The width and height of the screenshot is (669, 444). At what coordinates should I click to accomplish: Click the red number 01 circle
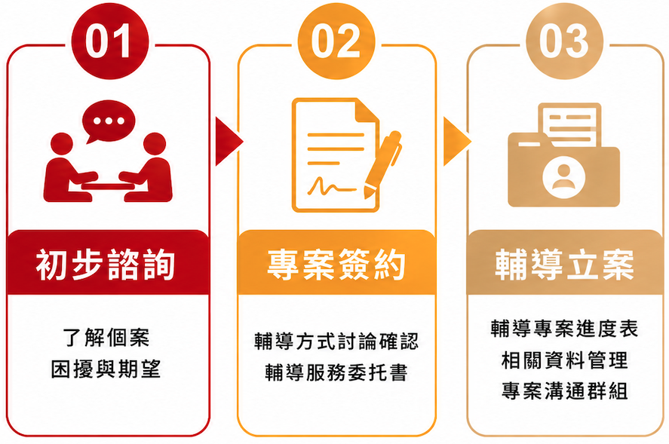point(110,41)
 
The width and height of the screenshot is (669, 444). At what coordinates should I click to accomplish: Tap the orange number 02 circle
point(336,41)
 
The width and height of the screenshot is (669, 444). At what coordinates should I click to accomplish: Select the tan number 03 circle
point(564,41)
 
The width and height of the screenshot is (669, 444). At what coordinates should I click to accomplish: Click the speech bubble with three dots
point(109,121)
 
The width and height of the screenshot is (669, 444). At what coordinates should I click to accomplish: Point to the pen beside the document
point(382,164)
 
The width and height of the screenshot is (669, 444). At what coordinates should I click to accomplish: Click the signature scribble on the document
point(331,186)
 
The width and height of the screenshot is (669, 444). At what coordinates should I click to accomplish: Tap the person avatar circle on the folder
point(563,177)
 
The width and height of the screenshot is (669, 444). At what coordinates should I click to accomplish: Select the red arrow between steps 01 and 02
point(229,141)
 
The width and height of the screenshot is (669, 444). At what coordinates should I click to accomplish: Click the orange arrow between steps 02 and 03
point(457,141)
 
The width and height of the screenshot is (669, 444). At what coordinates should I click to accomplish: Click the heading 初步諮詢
point(106,265)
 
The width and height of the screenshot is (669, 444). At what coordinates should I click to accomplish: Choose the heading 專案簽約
point(336,265)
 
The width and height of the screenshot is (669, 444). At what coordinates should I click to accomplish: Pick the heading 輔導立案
point(564,265)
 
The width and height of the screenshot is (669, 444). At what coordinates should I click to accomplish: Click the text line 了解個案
point(106,338)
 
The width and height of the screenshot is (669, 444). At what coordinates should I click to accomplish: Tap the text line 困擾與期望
point(106,369)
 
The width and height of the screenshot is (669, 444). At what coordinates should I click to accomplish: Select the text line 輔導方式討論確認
point(336,341)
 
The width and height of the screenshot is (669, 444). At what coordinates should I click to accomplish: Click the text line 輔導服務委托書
point(336,372)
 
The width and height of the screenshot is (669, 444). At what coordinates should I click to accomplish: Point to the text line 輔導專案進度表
point(564,329)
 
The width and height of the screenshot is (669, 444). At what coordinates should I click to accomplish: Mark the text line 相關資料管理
point(564,360)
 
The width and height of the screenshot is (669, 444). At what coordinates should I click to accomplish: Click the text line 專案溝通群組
point(564,390)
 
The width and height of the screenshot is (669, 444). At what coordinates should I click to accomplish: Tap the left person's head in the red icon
point(62,144)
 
